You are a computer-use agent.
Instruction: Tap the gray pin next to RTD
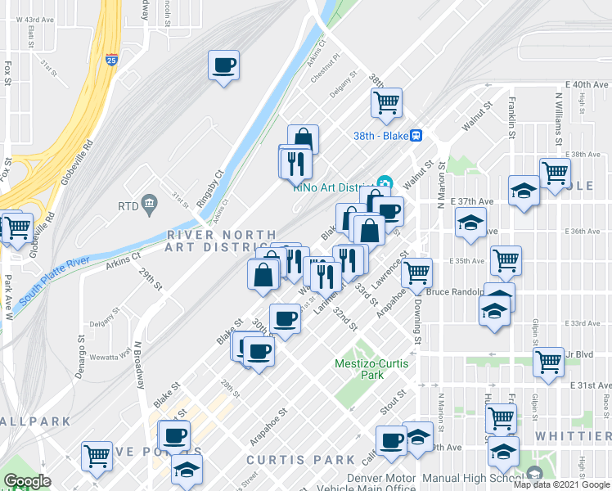[149, 202]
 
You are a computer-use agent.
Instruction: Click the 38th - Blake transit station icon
[416, 136]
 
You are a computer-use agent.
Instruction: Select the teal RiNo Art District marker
[385, 183]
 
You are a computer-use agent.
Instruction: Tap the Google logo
[27, 481]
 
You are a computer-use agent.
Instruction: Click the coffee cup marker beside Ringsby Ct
[223, 65]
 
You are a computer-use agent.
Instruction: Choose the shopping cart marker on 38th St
[386, 103]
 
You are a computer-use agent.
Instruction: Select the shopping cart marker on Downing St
[417, 271]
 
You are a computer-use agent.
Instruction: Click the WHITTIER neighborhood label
[574, 436]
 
